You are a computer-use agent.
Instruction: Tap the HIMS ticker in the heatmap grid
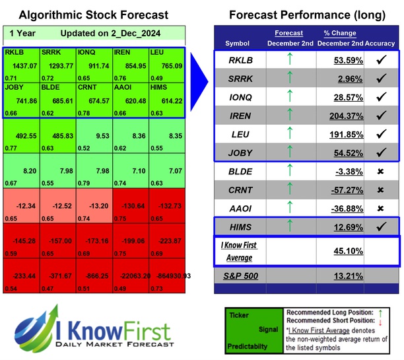158,87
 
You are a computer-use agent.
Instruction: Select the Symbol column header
238,44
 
